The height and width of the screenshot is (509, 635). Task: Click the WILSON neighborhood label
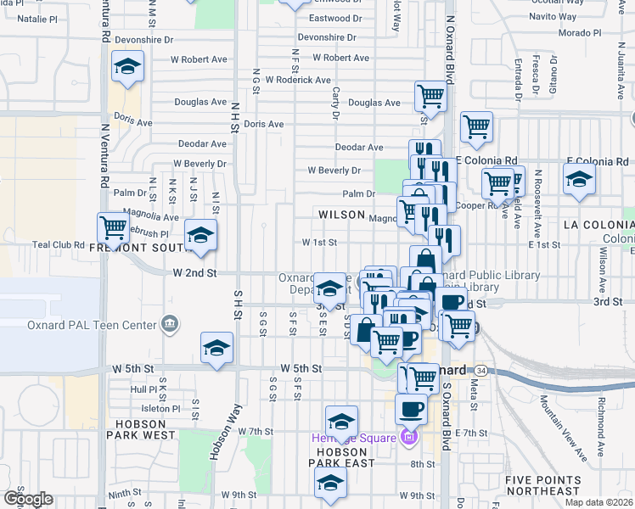pyautogui.click(x=341, y=215)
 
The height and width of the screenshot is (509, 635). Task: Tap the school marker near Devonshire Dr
pyautogui.click(x=127, y=67)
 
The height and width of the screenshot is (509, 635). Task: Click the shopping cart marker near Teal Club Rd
pyautogui.click(x=114, y=227)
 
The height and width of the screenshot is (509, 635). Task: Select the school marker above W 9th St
pyautogui.click(x=329, y=484)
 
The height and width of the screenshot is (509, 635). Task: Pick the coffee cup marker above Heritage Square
pyautogui.click(x=413, y=409)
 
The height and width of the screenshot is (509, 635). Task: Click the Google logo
pyautogui.click(x=28, y=499)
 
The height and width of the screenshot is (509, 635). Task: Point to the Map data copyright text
pyautogui.click(x=599, y=502)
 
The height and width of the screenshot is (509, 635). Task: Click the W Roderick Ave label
pyautogui.click(x=297, y=80)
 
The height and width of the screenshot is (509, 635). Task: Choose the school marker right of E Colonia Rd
pyautogui.click(x=579, y=180)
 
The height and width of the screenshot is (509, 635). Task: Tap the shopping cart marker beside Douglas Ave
pyautogui.click(x=431, y=96)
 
